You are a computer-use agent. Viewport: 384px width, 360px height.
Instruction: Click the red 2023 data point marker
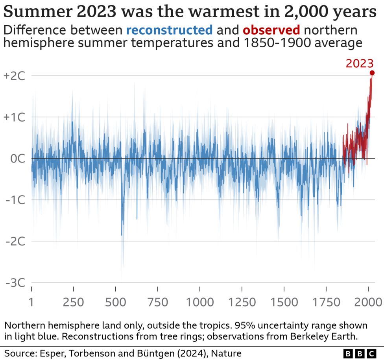click(x=372, y=73)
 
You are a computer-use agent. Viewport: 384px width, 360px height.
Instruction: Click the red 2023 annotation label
click(x=360, y=63)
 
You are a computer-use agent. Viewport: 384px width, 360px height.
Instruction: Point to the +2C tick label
click(x=14, y=76)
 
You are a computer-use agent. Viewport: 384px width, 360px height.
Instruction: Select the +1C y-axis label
click(x=14, y=117)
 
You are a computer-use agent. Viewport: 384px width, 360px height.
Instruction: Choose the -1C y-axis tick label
click(x=15, y=200)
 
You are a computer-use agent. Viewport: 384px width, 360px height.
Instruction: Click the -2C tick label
click(x=15, y=241)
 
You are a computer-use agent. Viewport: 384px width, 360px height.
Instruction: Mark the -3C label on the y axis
click(x=15, y=282)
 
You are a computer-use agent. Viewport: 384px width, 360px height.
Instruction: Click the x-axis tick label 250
click(x=74, y=302)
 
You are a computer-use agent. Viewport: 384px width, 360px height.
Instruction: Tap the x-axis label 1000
click(x=200, y=302)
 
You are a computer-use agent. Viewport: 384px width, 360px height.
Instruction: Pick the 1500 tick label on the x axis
click(x=284, y=302)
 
